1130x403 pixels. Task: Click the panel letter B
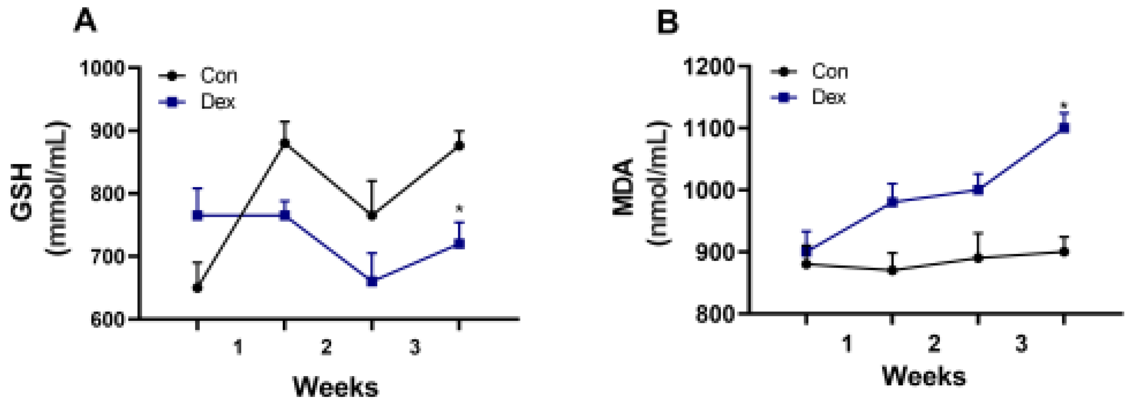667,22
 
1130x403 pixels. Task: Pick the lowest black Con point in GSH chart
197,288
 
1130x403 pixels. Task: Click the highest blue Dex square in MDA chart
1064,128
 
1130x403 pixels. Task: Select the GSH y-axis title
22,193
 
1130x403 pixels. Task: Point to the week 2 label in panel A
326,348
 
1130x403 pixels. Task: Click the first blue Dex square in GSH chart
197,215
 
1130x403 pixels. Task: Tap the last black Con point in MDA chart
1064,252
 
